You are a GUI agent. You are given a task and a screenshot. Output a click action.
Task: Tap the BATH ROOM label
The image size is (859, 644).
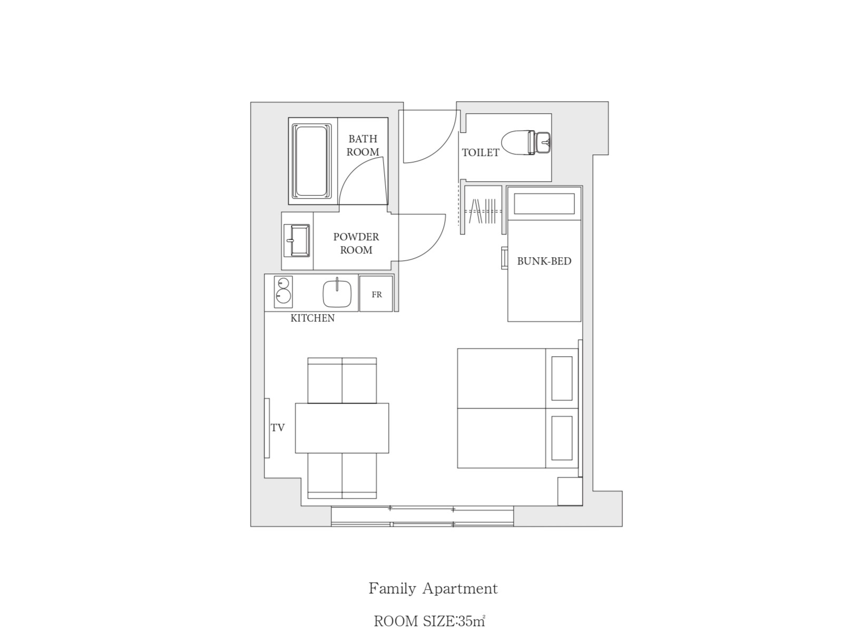[363, 145]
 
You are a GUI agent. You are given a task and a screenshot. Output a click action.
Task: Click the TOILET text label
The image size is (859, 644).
[481, 152]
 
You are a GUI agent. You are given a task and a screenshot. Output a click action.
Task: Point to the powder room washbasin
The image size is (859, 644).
[296, 240]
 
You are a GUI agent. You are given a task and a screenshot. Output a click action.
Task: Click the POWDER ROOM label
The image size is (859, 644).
[356, 243]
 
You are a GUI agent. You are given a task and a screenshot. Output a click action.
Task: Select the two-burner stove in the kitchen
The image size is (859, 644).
[283, 291]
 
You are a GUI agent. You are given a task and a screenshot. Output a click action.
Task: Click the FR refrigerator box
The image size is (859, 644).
[376, 294]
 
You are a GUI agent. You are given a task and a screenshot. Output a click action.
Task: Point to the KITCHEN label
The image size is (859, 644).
[313, 318]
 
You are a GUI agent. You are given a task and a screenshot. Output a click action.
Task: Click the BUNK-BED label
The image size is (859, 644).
[544, 261]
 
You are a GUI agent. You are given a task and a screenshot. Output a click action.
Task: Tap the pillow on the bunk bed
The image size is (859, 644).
[544, 204]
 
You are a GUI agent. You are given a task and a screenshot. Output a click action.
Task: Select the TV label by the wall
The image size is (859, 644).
[278, 428]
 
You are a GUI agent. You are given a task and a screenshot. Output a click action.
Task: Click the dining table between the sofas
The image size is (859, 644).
[342, 428]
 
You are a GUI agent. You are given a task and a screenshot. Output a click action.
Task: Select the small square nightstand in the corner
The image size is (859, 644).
[570, 491]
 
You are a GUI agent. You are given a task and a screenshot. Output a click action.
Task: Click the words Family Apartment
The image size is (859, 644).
[433, 589]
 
